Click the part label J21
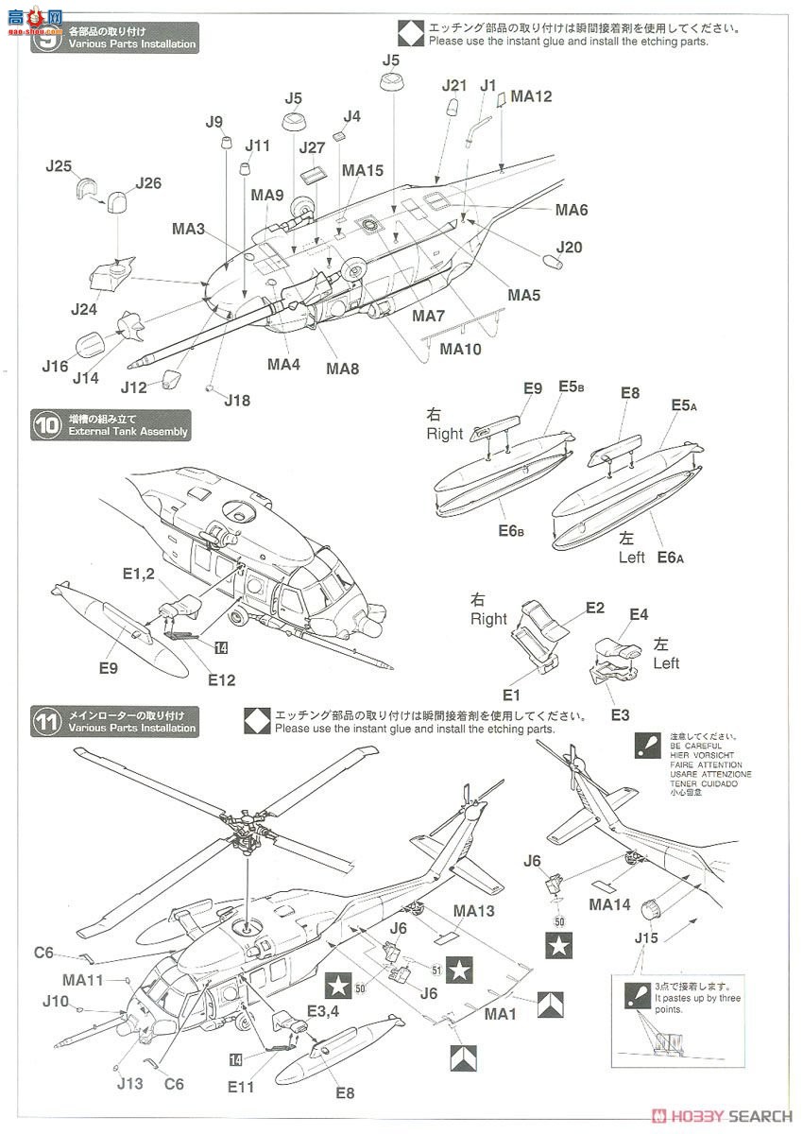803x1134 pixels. (x=454, y=85)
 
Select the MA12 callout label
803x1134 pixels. (x=531, y=95)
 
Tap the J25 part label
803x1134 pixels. (x=59, y=166)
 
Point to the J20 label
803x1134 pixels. (x=570, y=247)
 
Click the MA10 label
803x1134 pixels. (x=461, y=348)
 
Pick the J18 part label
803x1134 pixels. (x=238, y=400)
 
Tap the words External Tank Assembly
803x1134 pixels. (x=128, y=432)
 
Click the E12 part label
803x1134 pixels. (x=222, y=679)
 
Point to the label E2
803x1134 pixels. (x=594, y=608)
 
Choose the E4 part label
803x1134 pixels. (x=639, y=614)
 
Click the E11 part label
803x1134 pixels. (x=241, y=1087)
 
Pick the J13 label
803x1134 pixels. (x=129, y=1083)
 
